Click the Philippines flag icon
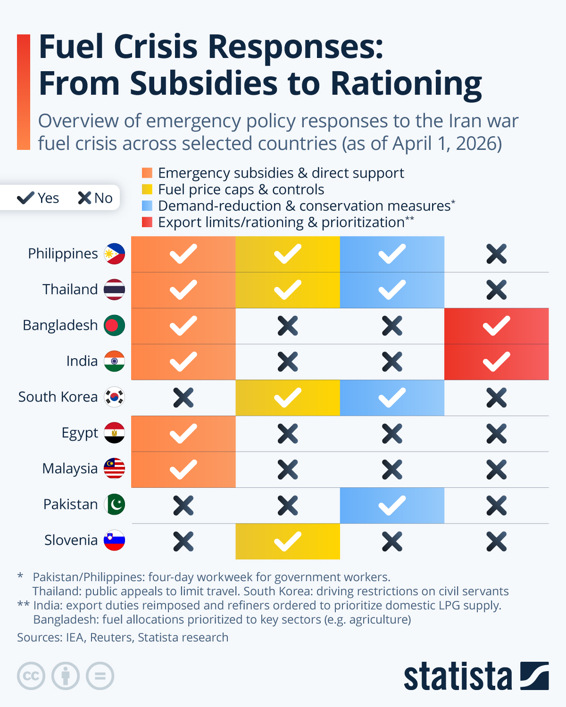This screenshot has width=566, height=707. click(114, 254)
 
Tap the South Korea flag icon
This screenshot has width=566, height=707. click(114, 397)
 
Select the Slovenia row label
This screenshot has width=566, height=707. click(71, 540)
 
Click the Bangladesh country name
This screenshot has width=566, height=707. click(60, 325)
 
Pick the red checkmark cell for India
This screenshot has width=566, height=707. click(496, 362)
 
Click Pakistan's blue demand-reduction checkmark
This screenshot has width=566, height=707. click(392, 505)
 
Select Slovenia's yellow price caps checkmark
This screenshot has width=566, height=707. click(287, 541)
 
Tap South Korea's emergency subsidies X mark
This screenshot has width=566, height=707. click(183, 398)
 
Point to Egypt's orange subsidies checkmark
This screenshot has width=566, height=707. click(183, 434)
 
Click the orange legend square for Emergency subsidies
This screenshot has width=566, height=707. click(147, 173)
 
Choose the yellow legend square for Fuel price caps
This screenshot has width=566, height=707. click(147, 189)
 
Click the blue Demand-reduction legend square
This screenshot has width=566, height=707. click(147, 206)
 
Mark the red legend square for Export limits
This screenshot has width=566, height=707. click(147, 222)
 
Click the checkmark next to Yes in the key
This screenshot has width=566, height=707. click(25, 198)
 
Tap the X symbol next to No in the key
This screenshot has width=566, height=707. click(84, 198)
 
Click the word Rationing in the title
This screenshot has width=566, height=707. click(406, 83)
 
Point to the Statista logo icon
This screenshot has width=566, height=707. click(534, 676)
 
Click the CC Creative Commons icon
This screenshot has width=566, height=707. click(31, 676)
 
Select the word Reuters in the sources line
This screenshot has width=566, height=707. click(111, 637)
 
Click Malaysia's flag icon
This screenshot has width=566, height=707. click(114, 469)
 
